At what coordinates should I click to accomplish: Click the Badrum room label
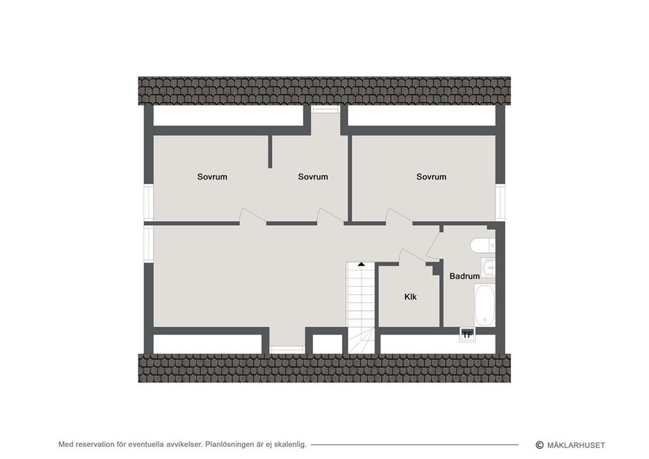[x=464, y=276]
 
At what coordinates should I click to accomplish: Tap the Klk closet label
[x=410, y=297]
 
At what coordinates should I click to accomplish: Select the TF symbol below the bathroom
[x=467, y=335]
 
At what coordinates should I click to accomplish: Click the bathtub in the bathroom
[x=484, y=306]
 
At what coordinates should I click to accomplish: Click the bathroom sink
[x=488, y=268]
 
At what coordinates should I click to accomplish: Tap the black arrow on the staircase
[x=361, y=264]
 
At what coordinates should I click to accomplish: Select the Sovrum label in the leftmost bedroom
[x=212, y=176]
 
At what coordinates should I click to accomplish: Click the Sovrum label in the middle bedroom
[x=313, y=176]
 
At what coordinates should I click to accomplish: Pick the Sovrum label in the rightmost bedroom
[x=431, y=176]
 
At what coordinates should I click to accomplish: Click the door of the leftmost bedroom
[x=252, y=217]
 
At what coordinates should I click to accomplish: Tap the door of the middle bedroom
[x=330, y=217]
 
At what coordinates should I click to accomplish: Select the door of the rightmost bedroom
[x=399, y=217]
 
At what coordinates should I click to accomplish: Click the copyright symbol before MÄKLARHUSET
[x=539, y=445]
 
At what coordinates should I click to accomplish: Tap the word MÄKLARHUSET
[x=576, y=445]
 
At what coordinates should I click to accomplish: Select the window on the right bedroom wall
[x=500, y=203]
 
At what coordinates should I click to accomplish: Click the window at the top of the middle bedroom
[x=325, y=110]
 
